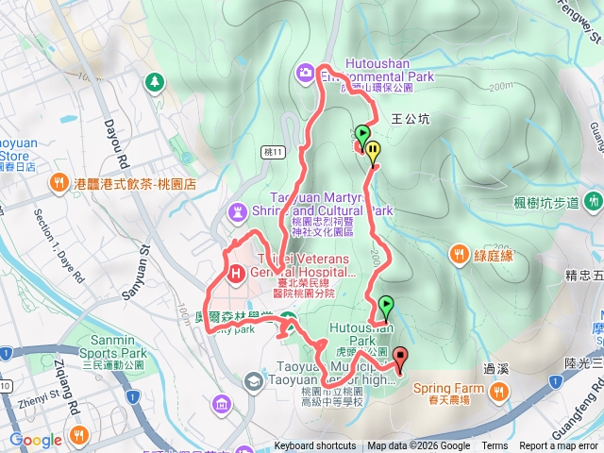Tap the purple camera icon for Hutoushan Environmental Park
point(306,72)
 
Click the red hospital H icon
point(236,273)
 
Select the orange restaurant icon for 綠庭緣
point(459,252)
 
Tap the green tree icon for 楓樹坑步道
point(593,201)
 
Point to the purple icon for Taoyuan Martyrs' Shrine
point(236,210)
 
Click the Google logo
point(36,440)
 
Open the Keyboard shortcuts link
point(315,446)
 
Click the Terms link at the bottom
point(495,446)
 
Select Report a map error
point(559,446)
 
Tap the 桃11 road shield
point(272,150)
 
